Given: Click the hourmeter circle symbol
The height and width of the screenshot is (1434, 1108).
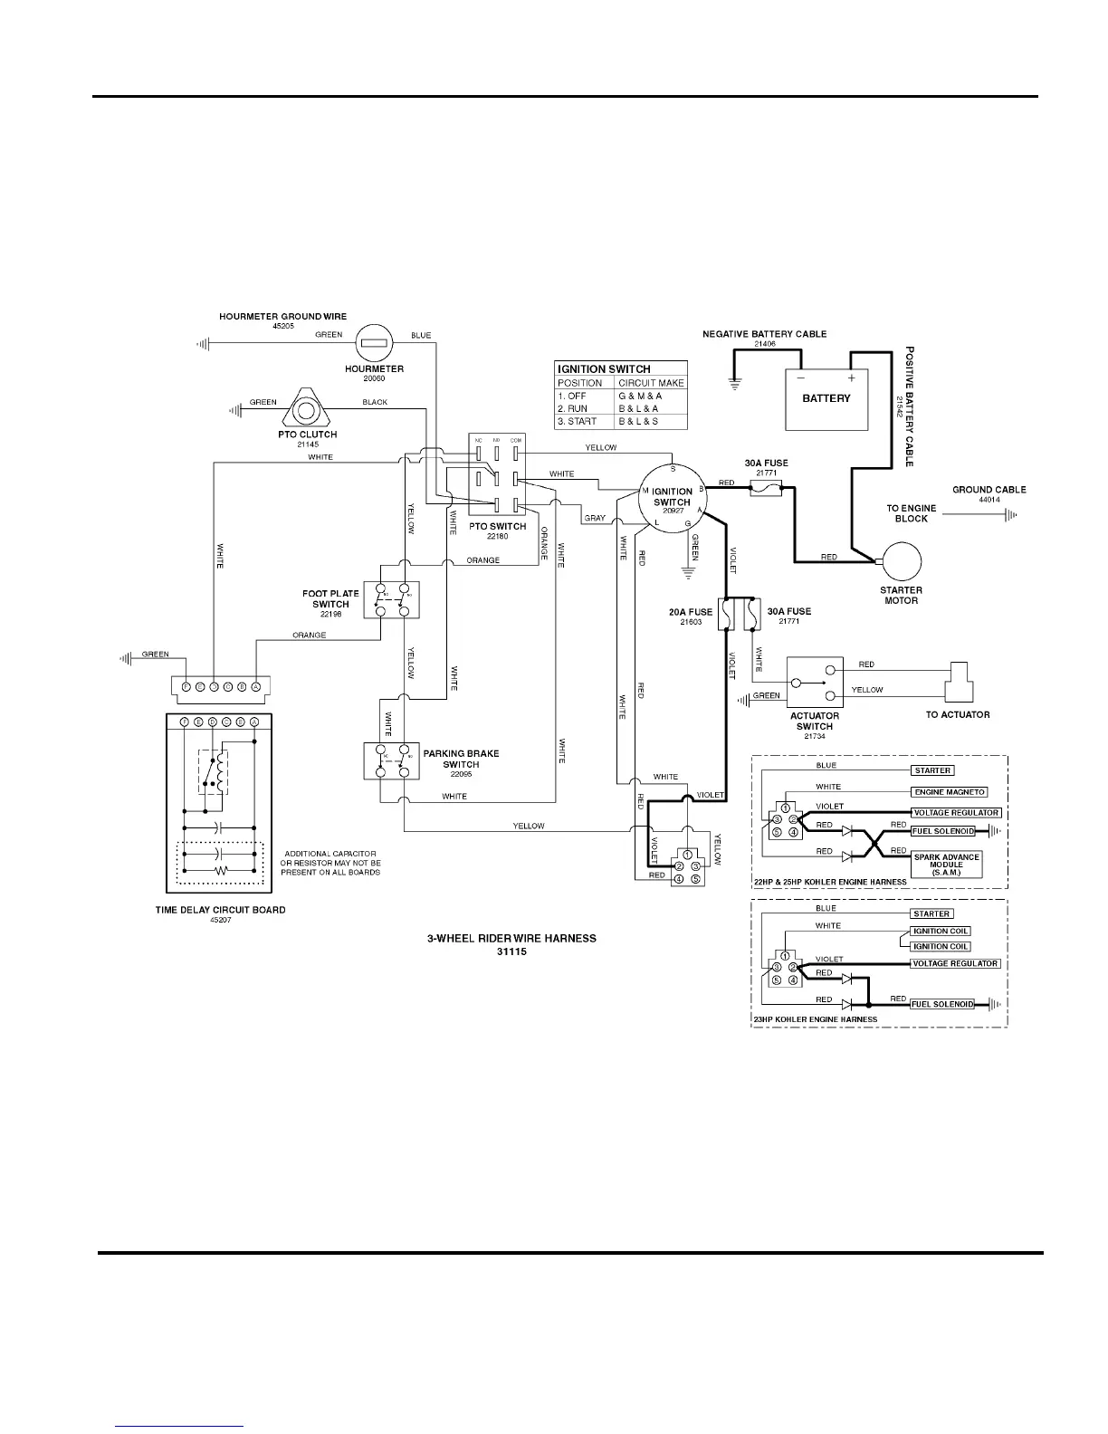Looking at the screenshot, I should pyautogui.click(x=374, y=342).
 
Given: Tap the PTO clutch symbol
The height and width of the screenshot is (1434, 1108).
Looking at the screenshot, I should pyautogui.click(x=305, y=409).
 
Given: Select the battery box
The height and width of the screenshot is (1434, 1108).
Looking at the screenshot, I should pyautogui.click(x=826, y=398).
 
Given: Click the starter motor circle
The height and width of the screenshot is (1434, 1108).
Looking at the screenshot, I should pyautogui.click(x=902, y=561).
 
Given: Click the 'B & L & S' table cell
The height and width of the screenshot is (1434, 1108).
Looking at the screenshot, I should pyautogui.click(x=638, y=422).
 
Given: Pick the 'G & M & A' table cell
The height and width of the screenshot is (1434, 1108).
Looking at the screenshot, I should pyautogui.click(x=640, y=397).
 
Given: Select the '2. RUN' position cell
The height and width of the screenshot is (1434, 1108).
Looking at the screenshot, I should pyautogui.click(x=573, y=409).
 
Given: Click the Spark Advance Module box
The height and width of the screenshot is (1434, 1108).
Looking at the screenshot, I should pyautogui.click(x=946, y=865).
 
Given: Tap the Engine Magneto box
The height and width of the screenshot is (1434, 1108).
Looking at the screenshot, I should pyautogui.click(x=950, y=792).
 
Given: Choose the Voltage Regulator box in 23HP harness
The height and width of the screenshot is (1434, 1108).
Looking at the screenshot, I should pyautogui.click(x=956, y=964).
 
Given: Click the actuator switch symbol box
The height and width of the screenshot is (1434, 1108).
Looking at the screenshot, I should pyautogui.click(x=815, y=682).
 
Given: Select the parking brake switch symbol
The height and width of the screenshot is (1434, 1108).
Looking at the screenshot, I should pyautogui.click(x=392, y=760).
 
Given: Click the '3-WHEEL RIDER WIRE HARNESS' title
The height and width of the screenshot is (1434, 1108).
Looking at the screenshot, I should pyautogui.click(x=511, y=939).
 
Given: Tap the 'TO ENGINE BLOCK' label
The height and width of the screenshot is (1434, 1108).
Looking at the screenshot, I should pyautogui.click(x=911, y=513).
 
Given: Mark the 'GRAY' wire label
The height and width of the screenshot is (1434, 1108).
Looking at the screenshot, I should pyautogui.click(x=595, y=519).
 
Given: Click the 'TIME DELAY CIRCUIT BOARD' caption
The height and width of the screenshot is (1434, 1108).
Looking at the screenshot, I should pyautogui.click(x=220, y=910).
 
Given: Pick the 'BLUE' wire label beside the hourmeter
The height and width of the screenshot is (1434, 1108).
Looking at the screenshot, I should pyautogui.click(x=421, y=335).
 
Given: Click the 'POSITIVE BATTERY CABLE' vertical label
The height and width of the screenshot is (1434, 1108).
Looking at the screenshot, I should pyautogui.click(x=911, y=406).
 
